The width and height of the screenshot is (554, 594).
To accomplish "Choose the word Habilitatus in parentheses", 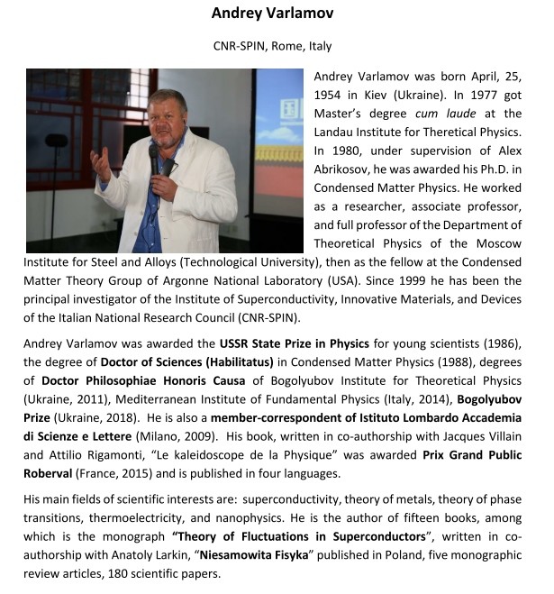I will coord(239,363).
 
